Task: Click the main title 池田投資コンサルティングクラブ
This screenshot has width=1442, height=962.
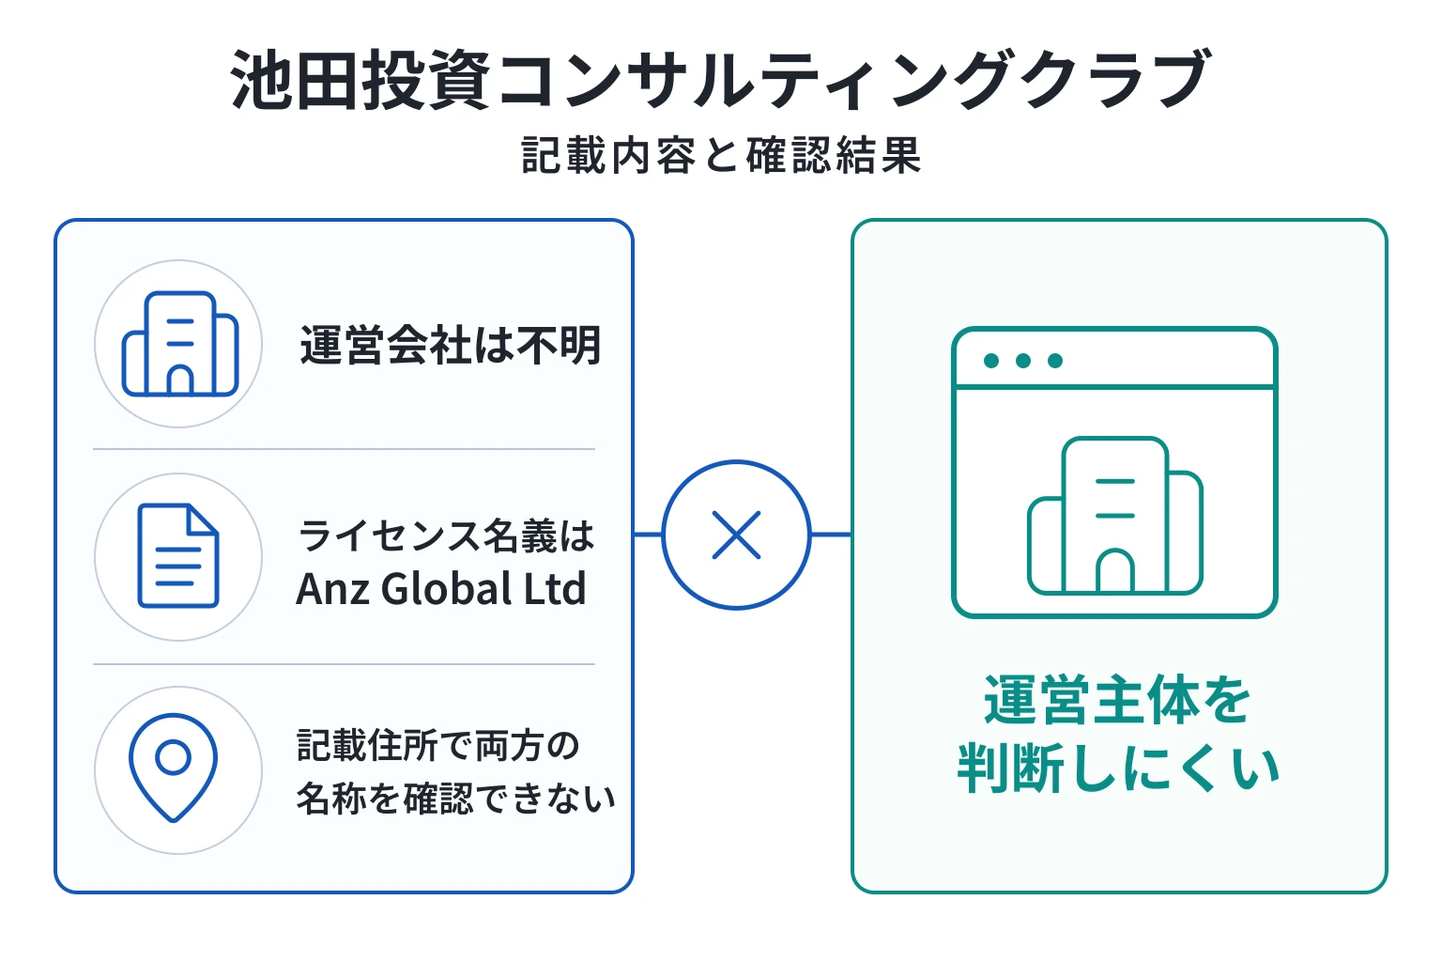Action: click(720, 80)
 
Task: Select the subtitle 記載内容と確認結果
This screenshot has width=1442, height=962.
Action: click(721, 155)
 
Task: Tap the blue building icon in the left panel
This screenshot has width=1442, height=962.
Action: click(180, 344)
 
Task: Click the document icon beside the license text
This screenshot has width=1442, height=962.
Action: click(178, 555)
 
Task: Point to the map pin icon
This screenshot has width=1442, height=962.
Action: click(173, 768)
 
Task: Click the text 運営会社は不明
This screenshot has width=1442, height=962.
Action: click(450, 346)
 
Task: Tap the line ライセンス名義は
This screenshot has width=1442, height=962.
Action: click(446, 535)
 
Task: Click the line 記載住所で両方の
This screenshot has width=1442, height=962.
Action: click(437, 746)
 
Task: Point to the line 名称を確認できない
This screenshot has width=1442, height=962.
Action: click(455, 799)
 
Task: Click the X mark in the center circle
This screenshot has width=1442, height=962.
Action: click(736, 535)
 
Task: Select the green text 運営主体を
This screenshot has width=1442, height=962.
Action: click(1117, 700)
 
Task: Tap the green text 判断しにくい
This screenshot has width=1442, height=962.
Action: click(1118, 768)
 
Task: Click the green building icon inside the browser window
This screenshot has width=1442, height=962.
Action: click(1115, 516)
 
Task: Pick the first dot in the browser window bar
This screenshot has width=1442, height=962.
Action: click(991, 361)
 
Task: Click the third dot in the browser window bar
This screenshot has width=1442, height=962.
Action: click(1055, 361)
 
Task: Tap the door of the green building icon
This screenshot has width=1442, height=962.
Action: click(1115, 571)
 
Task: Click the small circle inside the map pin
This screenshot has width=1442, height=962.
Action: click(173, 757)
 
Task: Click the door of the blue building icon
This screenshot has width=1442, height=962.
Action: click(180, 380)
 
